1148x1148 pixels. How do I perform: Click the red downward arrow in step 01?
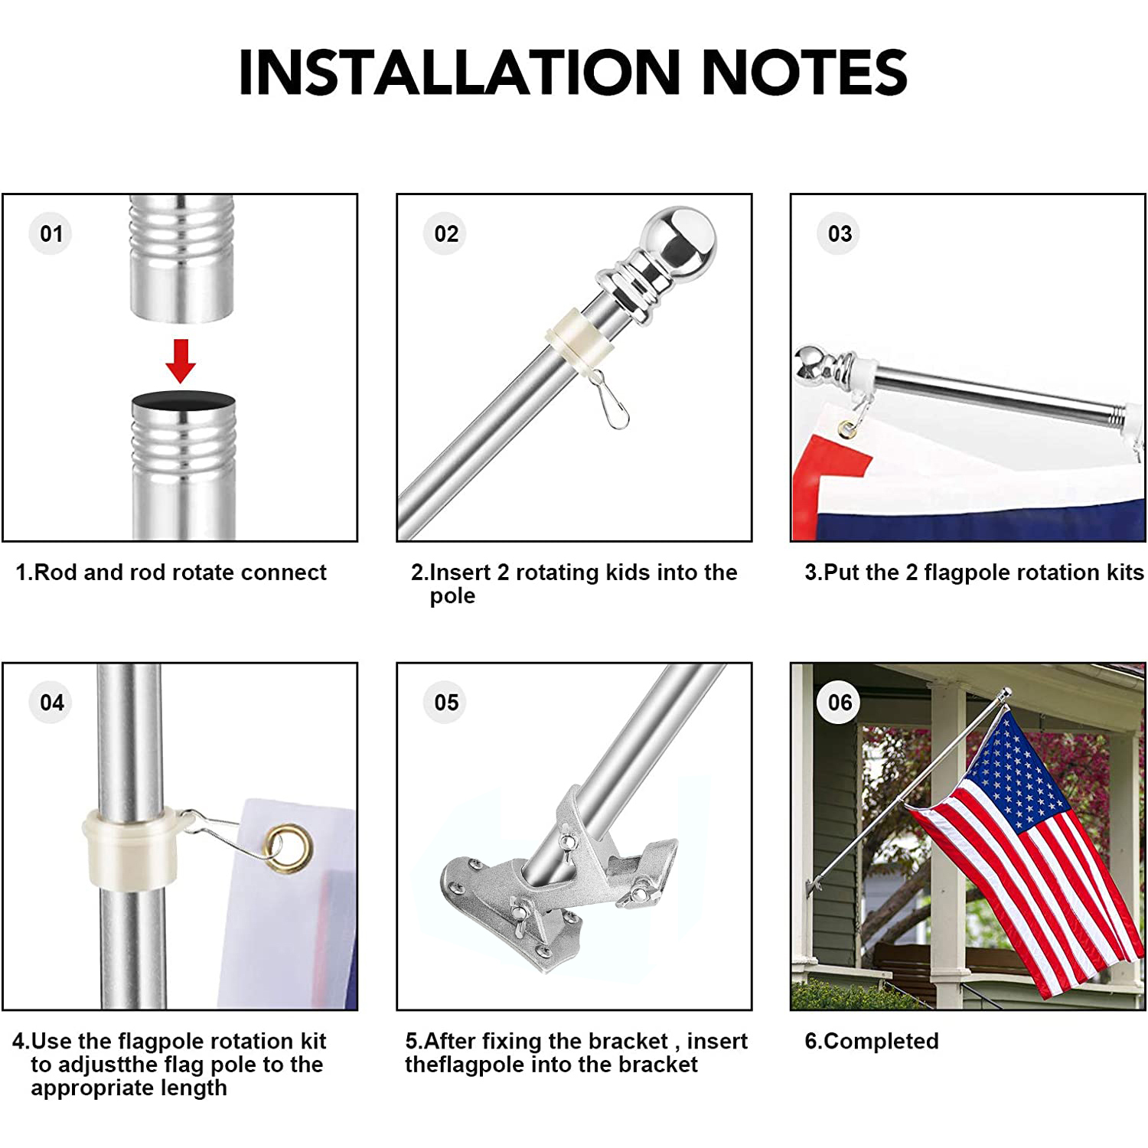(x=181, y=360)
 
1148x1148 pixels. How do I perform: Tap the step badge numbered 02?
(x=446, y=233)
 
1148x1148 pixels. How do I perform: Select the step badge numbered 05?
(x=446, y=702)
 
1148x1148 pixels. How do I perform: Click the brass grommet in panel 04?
(x=289, y=847)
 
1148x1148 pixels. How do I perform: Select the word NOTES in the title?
(x=804, y=72)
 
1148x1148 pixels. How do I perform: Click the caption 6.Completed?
(x=872, y=1041)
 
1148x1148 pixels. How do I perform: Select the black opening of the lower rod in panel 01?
(x=184, y=401)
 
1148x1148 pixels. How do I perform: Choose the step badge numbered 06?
(x=840, y=702)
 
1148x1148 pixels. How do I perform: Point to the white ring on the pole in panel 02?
(x=579, y=338)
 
